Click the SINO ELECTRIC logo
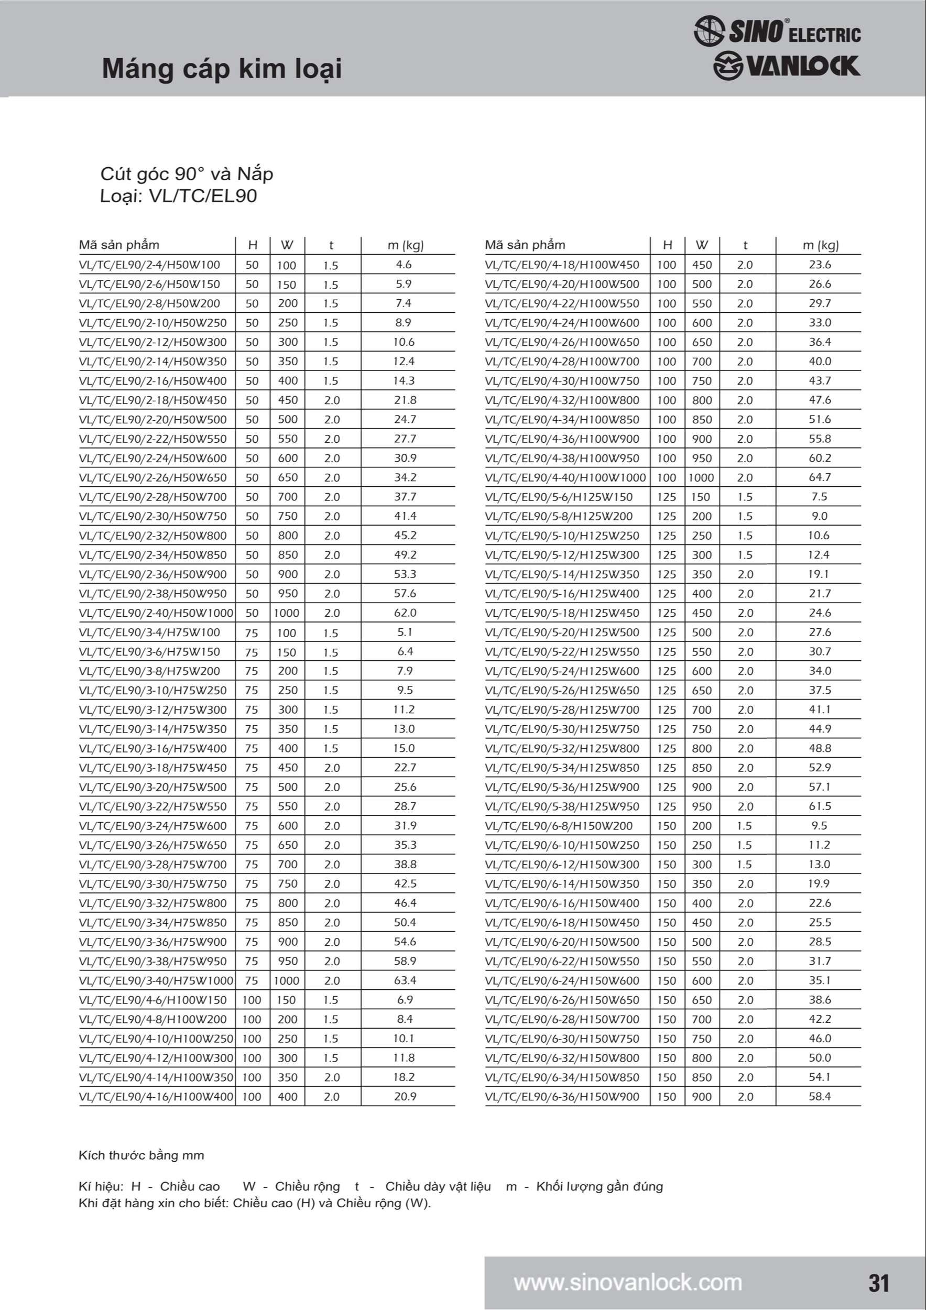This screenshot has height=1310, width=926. click(x=777, y=31)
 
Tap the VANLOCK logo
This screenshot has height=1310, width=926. click(x=786, y=65)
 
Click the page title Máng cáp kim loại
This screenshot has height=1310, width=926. click(x=222, y=69)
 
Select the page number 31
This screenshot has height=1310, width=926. click(x=879, y=1283)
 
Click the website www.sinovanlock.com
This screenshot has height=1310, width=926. click(x=628, y=1283)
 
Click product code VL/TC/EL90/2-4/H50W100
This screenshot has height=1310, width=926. click(x=149, y=265)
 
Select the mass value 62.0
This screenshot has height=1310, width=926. click(x=405, y=613)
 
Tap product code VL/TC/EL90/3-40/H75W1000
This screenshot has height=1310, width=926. click(x=156, y=980)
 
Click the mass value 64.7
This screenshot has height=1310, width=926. click(x=820, y=477)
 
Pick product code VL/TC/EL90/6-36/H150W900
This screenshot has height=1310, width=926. click(x=562, y=1096)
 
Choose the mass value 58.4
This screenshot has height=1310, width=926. click(x=820, y=1096)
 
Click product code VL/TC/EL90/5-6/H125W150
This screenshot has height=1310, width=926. click(x=559, y=496)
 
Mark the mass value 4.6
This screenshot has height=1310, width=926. click(x=404, y=265)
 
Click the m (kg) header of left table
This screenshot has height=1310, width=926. click(x=405, y=245)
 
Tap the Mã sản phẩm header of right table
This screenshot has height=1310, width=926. click(x=525, y=245)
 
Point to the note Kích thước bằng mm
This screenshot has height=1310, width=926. click(x=141, y=1155)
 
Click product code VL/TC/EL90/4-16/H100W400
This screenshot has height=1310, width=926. click(x=156, y=1096)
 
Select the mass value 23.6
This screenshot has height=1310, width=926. click(x=820, y=265)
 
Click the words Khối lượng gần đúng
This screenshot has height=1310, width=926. click(x=599, y=1186)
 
